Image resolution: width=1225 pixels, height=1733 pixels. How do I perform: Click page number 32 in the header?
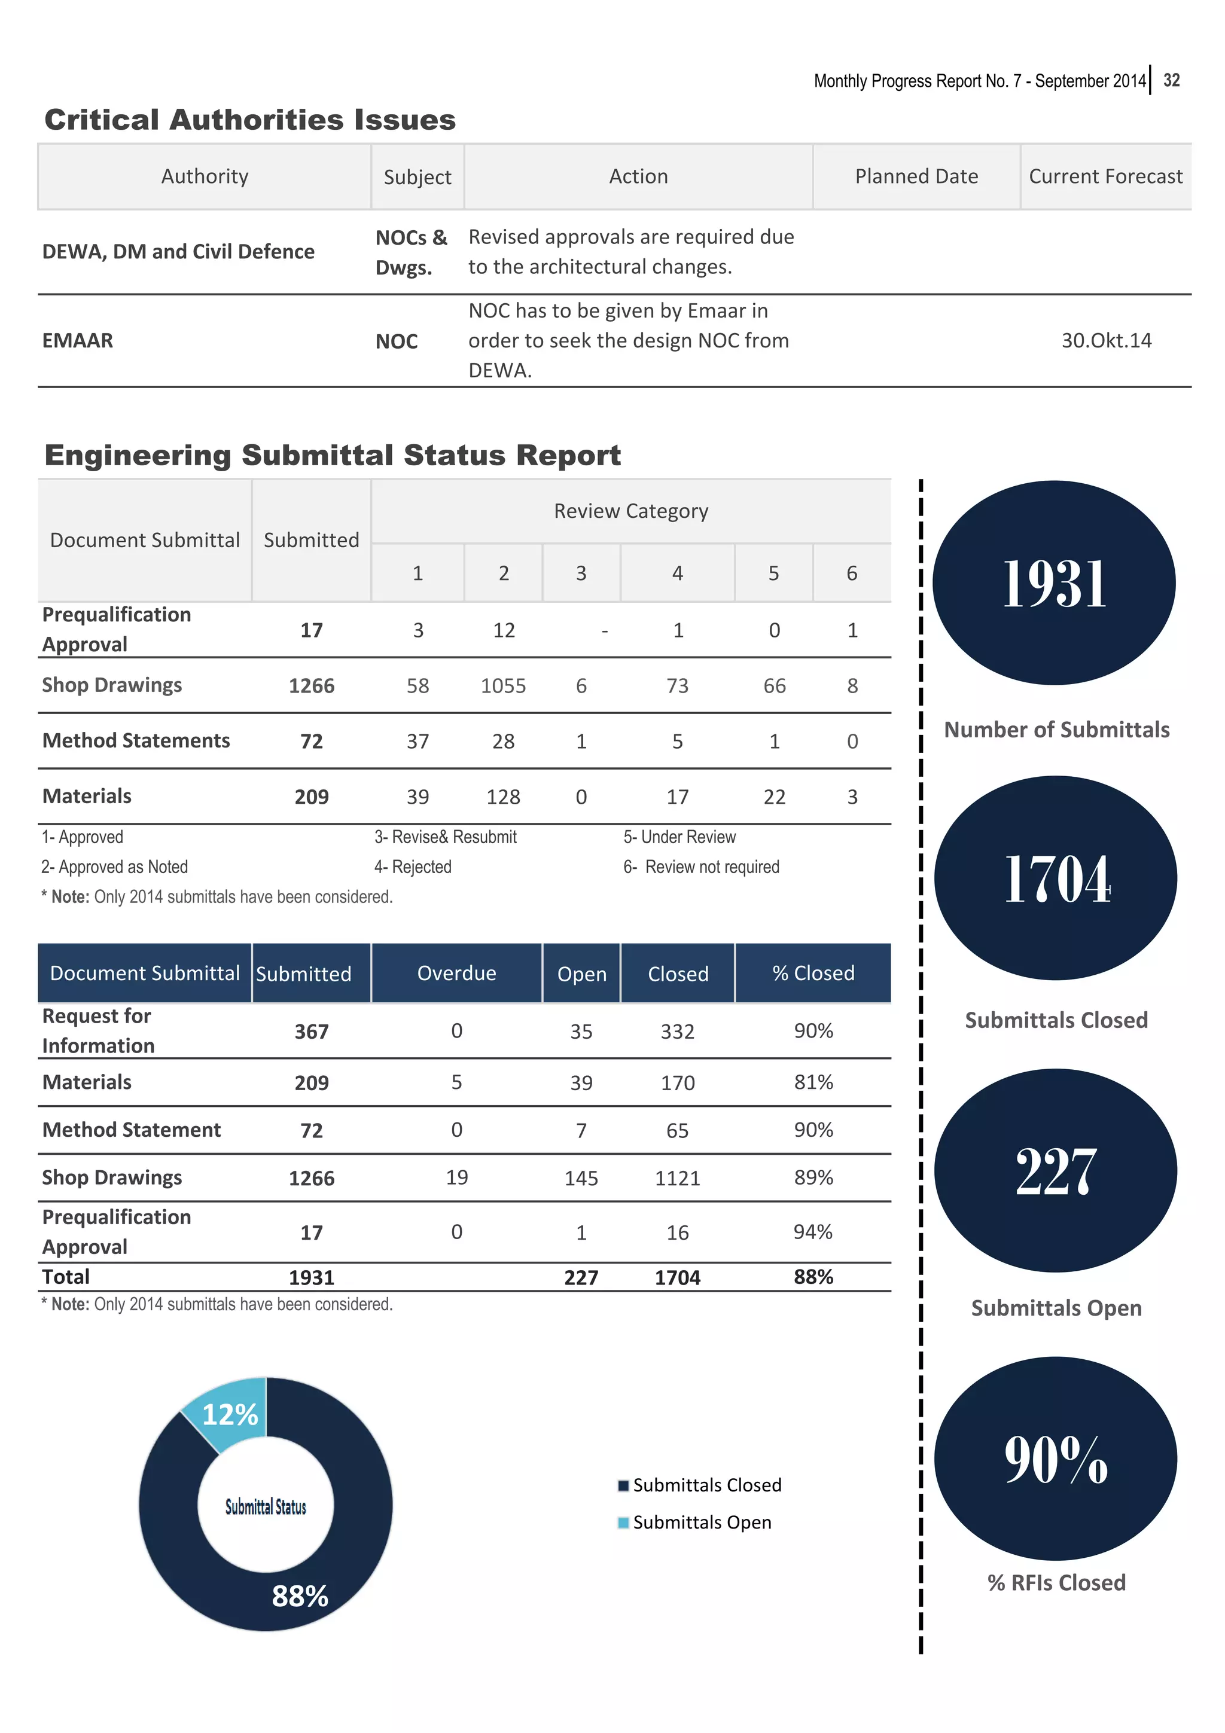point(1171,80)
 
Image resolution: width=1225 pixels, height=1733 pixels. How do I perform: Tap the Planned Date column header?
point(916,176)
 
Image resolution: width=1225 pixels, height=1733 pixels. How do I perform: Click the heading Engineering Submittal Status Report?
point(332,455)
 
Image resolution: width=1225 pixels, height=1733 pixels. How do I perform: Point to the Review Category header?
point(630,511)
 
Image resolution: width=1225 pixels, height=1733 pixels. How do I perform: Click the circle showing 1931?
point(1054,582)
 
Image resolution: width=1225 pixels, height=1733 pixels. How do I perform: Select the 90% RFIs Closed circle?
point(1055,1459)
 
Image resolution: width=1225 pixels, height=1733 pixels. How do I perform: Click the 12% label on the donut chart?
point(230,1414)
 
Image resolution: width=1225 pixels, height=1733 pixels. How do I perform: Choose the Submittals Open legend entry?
point(701,1523)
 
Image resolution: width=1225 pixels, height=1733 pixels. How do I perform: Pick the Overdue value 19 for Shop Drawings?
point(456,1177)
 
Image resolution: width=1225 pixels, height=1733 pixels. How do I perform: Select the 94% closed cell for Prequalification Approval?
point(812,1232)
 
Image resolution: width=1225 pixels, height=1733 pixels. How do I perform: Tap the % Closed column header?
point(812,974)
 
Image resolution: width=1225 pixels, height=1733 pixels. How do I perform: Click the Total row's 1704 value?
point(677,1277)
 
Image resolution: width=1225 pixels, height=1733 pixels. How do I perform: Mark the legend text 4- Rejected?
point(413,867)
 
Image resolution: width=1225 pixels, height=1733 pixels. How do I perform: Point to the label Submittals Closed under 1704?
point(1055,1020)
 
